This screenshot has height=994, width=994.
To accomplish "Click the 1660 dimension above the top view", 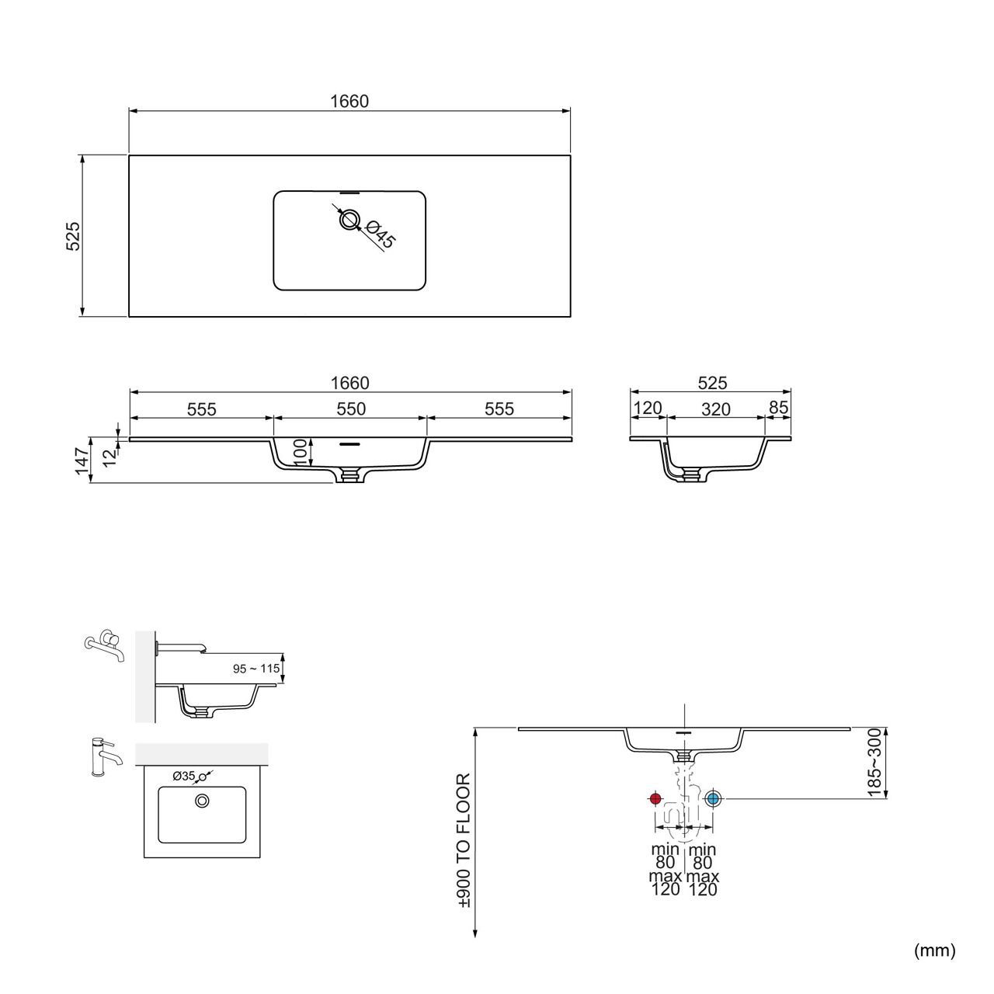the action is tap(349, 101).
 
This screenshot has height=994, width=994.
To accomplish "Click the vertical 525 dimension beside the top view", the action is tap(73, 236).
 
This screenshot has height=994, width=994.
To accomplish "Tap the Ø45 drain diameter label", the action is tap(381, 234).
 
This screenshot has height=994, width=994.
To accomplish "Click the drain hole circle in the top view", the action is tap(349, 220).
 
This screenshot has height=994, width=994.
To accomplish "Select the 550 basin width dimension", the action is tap(351, 408).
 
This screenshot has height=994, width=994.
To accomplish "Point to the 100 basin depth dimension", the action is tap(301, 452).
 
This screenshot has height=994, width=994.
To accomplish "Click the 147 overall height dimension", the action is tap(82, 461).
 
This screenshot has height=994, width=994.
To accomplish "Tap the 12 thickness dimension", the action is tap(109, 457).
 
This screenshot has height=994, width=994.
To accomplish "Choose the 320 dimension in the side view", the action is tap(715, 409).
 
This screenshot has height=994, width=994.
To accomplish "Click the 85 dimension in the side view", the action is tap(778, 408).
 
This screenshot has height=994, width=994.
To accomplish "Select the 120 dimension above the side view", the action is tap(648, 408).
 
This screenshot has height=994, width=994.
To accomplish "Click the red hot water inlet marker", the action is tap(655, 798).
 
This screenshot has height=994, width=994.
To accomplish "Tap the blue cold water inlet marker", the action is tap(713, 798).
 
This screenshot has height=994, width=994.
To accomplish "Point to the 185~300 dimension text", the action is tap(875, 763).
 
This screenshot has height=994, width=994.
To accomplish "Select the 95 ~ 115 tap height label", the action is tap(256, 669).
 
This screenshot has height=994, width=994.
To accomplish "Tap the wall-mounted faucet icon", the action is tap(104, 645).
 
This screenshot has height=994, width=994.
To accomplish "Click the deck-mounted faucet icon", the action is tap(106, 757).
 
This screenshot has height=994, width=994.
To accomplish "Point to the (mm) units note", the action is tap(935, 951).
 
